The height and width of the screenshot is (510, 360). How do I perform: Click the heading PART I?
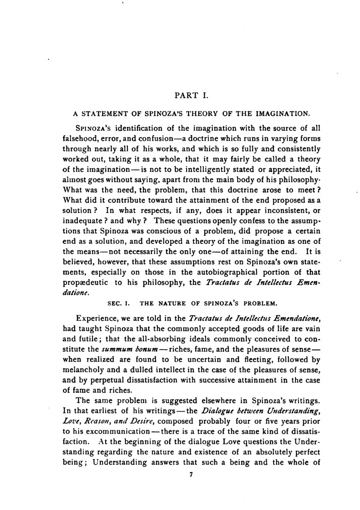[191, 96]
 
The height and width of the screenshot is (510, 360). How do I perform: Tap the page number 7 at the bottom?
[191, 475]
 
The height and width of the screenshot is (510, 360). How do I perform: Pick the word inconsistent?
[283, 210]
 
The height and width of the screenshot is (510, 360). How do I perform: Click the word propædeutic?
[85, 283]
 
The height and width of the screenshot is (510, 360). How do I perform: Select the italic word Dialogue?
[217, 411]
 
